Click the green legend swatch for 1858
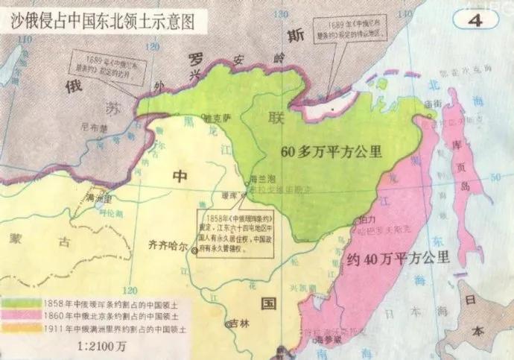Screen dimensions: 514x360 point(20,304)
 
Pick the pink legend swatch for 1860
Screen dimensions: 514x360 point(20,315)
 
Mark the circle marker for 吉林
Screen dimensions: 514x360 point(230,324)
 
